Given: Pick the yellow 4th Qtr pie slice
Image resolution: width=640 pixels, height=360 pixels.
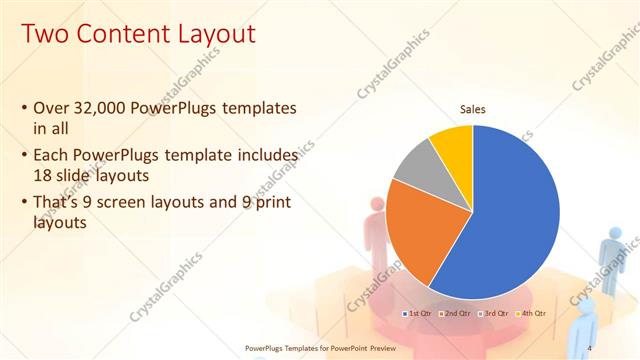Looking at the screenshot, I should click(455, 145).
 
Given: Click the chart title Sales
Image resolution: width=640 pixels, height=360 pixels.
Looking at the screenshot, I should click(473, 109).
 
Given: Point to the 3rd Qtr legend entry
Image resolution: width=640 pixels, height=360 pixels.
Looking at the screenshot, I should click(493, 313).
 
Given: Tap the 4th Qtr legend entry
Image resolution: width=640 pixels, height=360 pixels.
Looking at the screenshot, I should click(531, 313).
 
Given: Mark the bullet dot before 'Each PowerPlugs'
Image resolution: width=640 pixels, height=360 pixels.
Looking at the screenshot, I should click(24, 156).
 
